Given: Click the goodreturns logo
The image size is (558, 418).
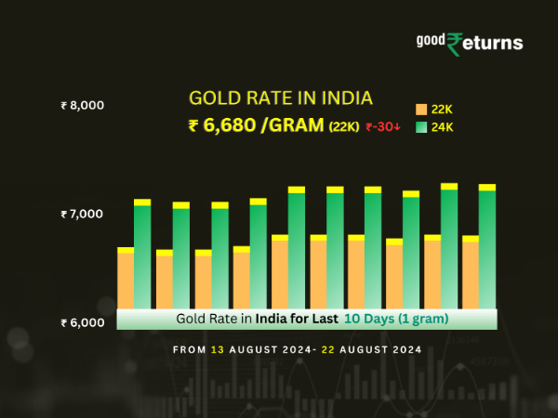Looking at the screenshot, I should click(x=469, y=43).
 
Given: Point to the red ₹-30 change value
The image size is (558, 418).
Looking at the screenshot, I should click(x=382, y=127).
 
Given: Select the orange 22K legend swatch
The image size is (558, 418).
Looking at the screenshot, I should click(x=421, y=110).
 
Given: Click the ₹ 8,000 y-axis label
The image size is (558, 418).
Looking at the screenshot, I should click(x=82, y=105).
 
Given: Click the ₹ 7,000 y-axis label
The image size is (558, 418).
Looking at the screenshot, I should click(x=82, y=215).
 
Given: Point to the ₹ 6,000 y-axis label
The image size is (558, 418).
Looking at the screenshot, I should click(x=82, y=323).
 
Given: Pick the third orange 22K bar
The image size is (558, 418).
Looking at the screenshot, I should click(x=203, y=281).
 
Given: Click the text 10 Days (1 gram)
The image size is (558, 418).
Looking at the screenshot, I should click(x=396, y=319).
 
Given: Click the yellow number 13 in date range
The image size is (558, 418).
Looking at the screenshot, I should click(x=217, y=350).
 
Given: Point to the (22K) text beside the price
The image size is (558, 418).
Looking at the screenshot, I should click(x=342, y=127).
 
